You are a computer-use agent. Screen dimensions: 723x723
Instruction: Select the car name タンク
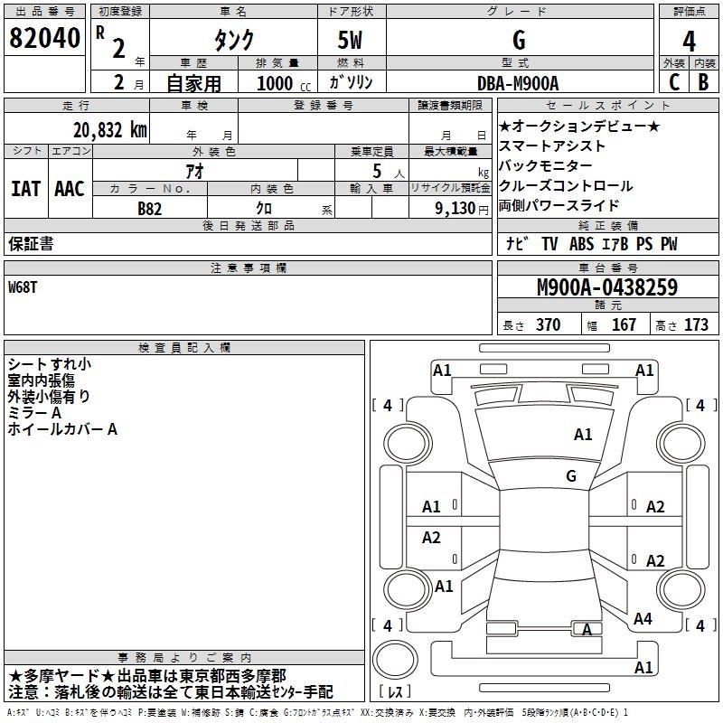(232, 41)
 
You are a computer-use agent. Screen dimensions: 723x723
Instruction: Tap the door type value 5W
(352, 41)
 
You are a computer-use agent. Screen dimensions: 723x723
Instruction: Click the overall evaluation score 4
(689, 42)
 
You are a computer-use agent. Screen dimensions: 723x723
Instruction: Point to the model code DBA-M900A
(518, 83)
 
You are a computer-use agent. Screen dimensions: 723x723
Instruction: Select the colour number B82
(150, 208)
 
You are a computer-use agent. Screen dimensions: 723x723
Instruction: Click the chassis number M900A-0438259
(606, 287)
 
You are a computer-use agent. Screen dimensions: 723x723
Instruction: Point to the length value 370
(548, 325)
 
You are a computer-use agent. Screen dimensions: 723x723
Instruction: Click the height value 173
(696, 325)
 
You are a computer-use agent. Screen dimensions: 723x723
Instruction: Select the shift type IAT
(25, 189)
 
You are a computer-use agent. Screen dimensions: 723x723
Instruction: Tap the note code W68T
(23, 286)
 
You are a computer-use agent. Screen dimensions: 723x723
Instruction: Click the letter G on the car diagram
(571, 475)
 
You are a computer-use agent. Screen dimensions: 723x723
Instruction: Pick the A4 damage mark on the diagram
(643, 619)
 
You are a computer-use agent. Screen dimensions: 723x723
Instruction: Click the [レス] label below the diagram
(397, 693)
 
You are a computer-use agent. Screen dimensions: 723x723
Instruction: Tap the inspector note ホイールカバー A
(62, 430)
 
